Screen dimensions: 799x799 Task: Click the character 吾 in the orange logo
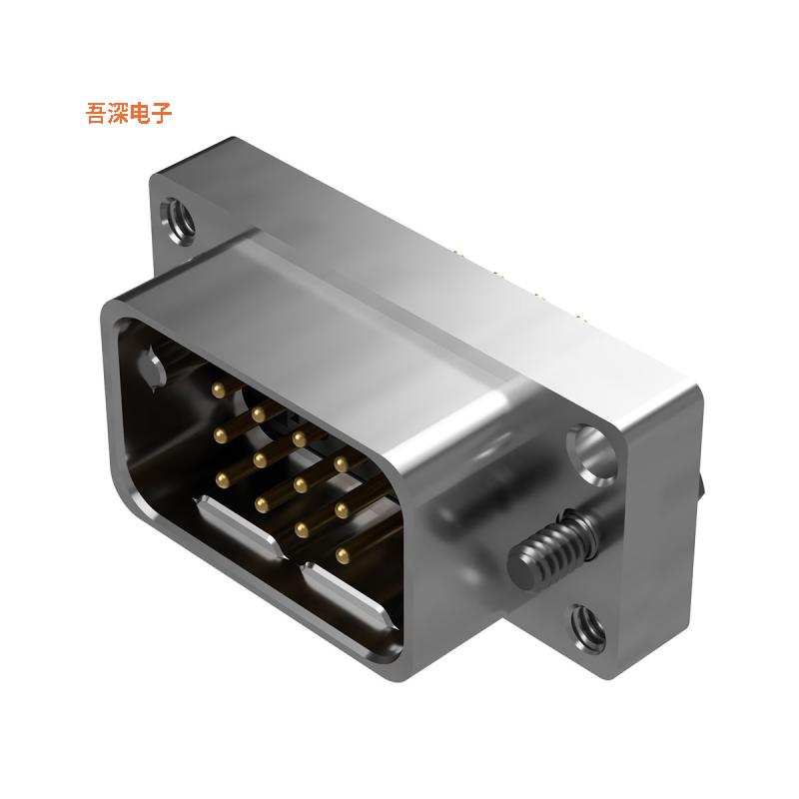(97, 113)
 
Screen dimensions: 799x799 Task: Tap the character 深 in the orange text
(119, 113)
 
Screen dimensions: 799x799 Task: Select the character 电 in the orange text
(141, 113)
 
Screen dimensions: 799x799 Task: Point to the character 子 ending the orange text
(163, 113)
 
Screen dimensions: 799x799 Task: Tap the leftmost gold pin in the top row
(217, 386)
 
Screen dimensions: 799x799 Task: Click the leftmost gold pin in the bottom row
(218, 480)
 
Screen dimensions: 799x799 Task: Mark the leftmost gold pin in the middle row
(218, 432)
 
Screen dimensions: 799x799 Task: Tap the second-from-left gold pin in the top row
(259, 410)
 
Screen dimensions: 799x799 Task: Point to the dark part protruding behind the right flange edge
(705, 489)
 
